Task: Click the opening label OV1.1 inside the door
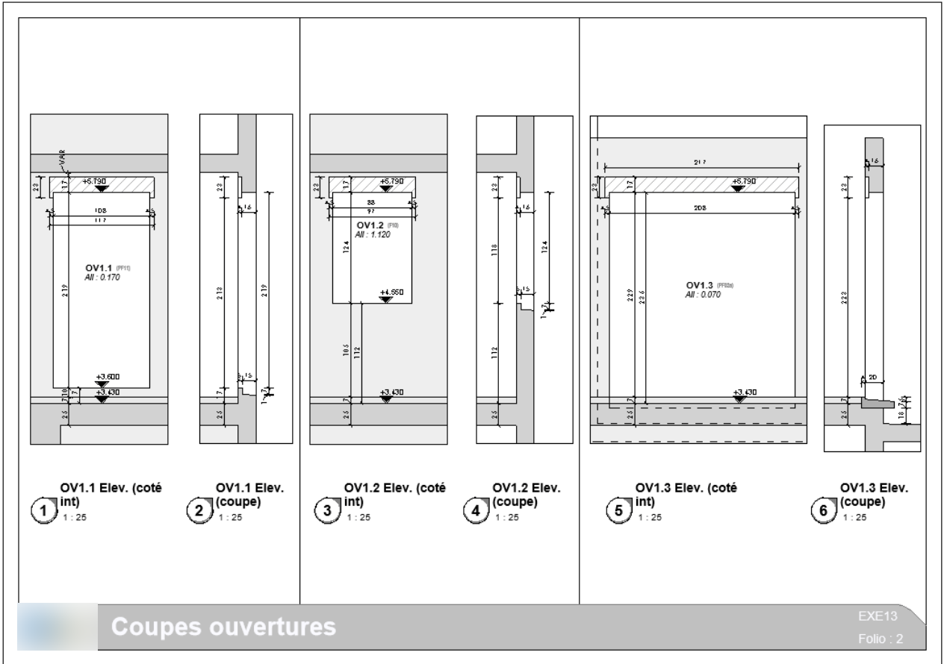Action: click(100, 267)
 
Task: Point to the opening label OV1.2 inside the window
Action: click(370, 225)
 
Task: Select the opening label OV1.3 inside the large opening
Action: click(699, 284)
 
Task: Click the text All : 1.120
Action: click(373, 234)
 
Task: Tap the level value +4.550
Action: click(391, 292)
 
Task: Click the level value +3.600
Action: click(107, 377)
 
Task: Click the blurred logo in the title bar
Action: click(60, 627)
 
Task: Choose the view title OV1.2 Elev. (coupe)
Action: click(527, 495)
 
